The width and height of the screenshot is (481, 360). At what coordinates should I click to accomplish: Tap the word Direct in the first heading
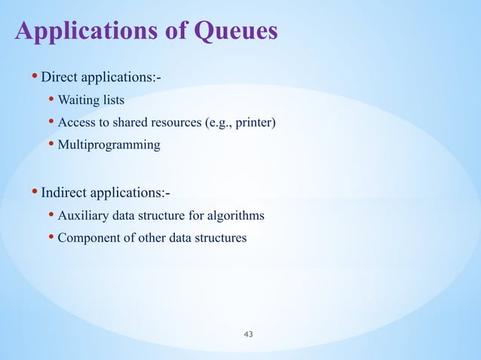(x=58, y=77)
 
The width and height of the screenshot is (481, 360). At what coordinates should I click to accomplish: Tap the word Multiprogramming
(x=109, y=144)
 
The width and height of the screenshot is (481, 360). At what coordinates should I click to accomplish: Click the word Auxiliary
(x=84, y=216)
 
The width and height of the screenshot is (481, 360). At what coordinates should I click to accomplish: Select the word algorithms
(x=237, y=216)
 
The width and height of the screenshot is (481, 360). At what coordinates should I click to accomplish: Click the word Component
(x=87, y=238)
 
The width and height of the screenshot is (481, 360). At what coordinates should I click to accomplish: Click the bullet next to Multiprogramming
(x=51, y=144)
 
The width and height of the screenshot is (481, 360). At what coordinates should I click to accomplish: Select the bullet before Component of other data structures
(x=51, y=238)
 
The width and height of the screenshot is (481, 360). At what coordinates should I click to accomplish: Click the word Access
(x=76, y=122)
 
